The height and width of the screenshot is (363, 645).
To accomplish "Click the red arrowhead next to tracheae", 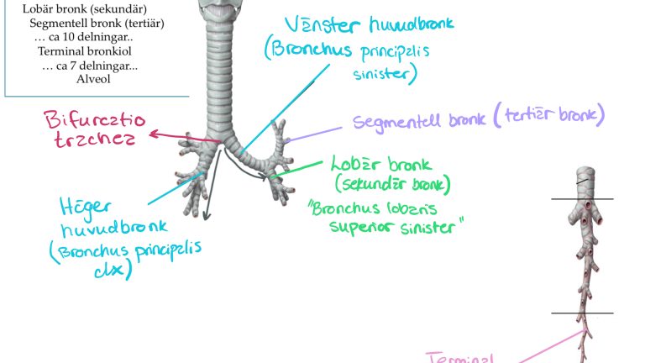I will click(153, 133).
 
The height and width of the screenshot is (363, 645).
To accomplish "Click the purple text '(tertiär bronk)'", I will click(549, 117).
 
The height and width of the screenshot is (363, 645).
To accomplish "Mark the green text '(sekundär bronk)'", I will click(392, 183).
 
